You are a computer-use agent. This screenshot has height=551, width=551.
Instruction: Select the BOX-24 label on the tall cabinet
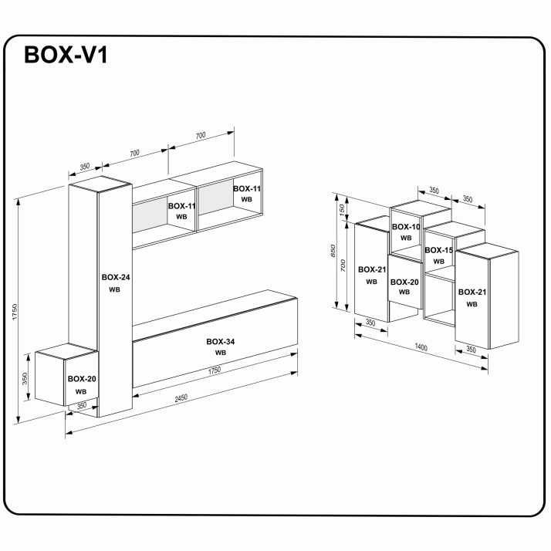pos(115,277)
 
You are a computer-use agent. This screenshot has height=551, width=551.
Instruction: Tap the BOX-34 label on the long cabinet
pos(221,341)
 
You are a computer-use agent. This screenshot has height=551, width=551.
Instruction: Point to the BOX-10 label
pos(405,227)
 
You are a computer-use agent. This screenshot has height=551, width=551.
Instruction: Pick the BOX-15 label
pos(438,250)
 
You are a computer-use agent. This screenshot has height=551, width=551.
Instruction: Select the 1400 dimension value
pos(421,348)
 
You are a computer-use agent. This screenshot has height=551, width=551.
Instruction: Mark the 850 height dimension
pos(333,252)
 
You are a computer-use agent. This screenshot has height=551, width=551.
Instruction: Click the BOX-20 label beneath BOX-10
pos(404,282)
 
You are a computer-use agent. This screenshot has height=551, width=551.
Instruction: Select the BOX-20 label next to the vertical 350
pos(81,379)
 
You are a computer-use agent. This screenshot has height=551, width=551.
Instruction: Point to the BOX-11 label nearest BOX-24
pos(181,206)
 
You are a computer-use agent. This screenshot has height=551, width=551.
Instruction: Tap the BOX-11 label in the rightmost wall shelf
pos(246,188)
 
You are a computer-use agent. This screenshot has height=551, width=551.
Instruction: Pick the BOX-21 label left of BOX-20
pos(371,269)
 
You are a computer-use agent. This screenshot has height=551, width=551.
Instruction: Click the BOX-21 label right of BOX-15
pos(472,292)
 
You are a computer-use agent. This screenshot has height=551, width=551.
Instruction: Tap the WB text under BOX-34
pos(221,353)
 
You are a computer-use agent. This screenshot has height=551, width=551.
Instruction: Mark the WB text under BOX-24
pos(114,289)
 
